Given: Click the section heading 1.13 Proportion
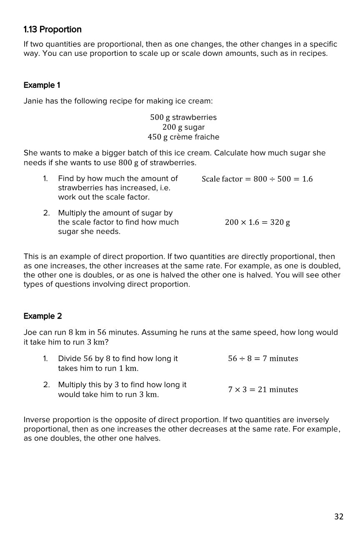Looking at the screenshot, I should tap(52, 30).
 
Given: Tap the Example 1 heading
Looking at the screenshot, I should tap(42, 85).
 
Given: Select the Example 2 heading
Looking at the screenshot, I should tap(42, 316).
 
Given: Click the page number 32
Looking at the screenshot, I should tap(339, 517).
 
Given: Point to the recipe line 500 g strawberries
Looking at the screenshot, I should tap(183, 117).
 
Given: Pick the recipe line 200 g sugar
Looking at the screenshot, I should tap(183, 127).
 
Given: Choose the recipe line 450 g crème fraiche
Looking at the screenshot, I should tap(183, 137).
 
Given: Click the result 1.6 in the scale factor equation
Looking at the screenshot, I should tap(307, 179).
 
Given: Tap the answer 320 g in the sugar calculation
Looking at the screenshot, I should tap(280, 222).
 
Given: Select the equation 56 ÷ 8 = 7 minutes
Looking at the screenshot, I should tap(263, 358).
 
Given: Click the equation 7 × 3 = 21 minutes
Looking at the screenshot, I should tap(263, 390).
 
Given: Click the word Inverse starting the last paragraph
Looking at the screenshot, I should tap(38, 420).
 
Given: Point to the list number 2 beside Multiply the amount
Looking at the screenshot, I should tap(47, 213).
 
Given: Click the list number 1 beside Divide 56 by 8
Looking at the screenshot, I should tap(45, 358).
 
